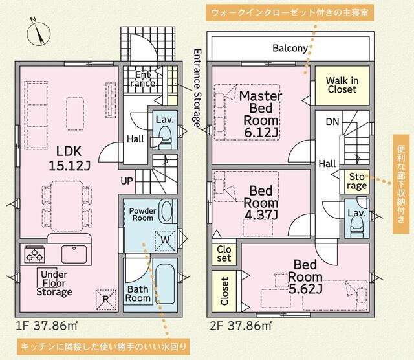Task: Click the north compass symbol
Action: click(39, 34)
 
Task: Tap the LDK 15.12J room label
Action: click(69, 159)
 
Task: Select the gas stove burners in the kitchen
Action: click(34, 254)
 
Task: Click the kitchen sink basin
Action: click(74, 254)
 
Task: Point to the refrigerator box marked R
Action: click(106, 300)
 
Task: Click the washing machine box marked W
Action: click(166, 240)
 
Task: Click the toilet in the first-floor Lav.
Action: click(162, 137)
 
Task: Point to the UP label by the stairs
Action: click(127, 181)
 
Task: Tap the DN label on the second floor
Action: click(332, 122)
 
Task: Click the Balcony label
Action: click(290, 48)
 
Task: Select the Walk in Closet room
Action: click(342, 85)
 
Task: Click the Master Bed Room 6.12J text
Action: click(261, 114)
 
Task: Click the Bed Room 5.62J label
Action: click(305, 276)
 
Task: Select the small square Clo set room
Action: click(224, 254)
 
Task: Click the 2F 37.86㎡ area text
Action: click(241, 326)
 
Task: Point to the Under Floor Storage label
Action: click(54, 283)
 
